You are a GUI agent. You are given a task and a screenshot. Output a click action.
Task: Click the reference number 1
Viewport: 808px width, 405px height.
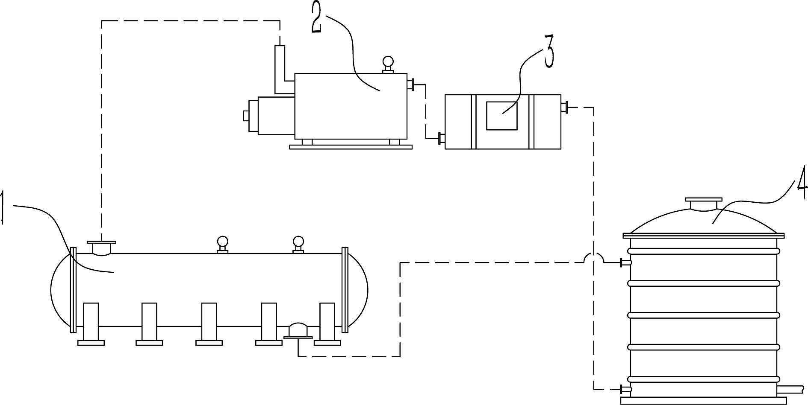pyautogui.click(x=3, y=208)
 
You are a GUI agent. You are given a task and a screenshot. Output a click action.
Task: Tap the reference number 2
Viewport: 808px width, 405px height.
pyautogui.click(x=317, y=17)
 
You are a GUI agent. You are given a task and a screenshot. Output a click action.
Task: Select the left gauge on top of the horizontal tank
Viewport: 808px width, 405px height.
pyautogui.click(x=222, y=245)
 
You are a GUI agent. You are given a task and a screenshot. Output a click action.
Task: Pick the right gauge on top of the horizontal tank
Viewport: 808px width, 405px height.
pyautogui.click(x=298, y=245)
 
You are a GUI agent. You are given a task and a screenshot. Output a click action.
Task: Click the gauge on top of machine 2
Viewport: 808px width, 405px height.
pyautogui.click(x=388, y=65)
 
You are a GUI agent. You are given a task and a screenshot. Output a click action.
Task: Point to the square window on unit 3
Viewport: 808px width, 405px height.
pyautogui.click(x=502, y=115)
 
